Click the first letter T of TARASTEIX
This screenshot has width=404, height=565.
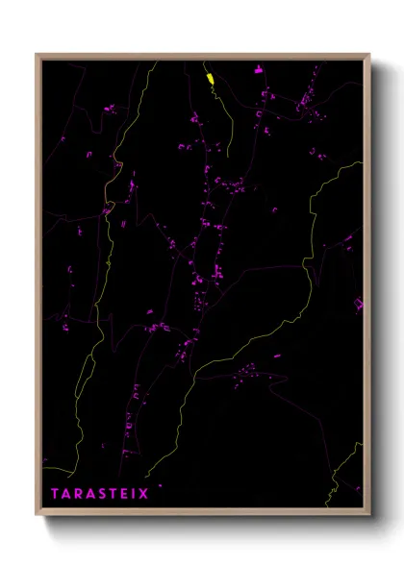click(56, 494)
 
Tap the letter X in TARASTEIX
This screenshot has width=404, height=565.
click(144, 494)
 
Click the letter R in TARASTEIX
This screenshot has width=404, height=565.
click(78, 494)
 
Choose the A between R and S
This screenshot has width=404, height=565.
click(88, 494)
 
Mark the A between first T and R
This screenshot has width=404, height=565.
click(66, 494)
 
